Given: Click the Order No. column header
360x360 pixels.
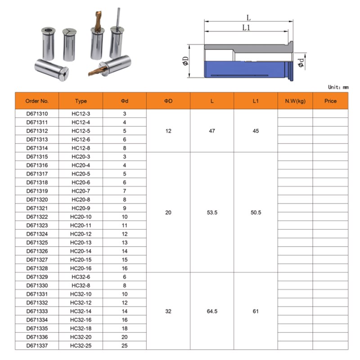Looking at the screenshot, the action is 37,101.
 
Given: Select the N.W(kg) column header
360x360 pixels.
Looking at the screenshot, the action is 295,101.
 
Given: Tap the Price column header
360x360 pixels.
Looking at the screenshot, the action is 330,101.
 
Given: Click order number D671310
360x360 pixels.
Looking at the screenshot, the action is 37,114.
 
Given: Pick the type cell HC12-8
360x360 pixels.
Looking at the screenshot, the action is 81,148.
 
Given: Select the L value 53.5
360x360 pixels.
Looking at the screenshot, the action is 212,212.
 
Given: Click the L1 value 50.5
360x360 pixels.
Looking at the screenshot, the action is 256,212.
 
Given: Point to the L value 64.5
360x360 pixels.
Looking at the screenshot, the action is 212,311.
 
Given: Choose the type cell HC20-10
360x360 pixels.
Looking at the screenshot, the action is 81,217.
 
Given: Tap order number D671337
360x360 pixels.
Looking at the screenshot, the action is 37,346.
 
